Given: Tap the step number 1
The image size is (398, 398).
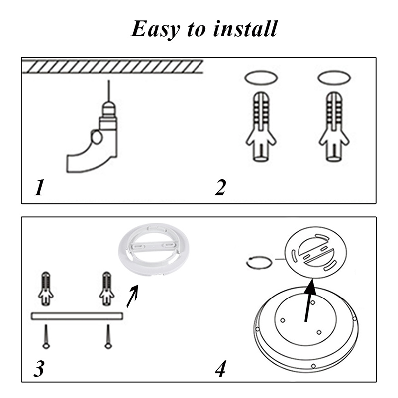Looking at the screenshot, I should click(39, 189).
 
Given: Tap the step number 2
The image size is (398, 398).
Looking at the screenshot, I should click(220, 188).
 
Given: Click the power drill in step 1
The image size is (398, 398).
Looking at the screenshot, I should click(95, 139).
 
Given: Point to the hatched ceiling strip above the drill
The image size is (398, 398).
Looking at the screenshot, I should click(112, 66).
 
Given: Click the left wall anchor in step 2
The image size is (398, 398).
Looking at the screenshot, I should click(261, 127).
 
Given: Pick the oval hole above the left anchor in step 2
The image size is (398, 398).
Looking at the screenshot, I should click(261, 78).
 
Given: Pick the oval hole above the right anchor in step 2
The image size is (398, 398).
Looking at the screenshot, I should click(334, 78).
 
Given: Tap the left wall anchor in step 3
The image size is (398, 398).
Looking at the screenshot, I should click(46, 289).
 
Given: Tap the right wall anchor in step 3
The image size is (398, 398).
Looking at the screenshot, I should click(106, 289).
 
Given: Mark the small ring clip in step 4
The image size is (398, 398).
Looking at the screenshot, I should click(260, 262).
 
